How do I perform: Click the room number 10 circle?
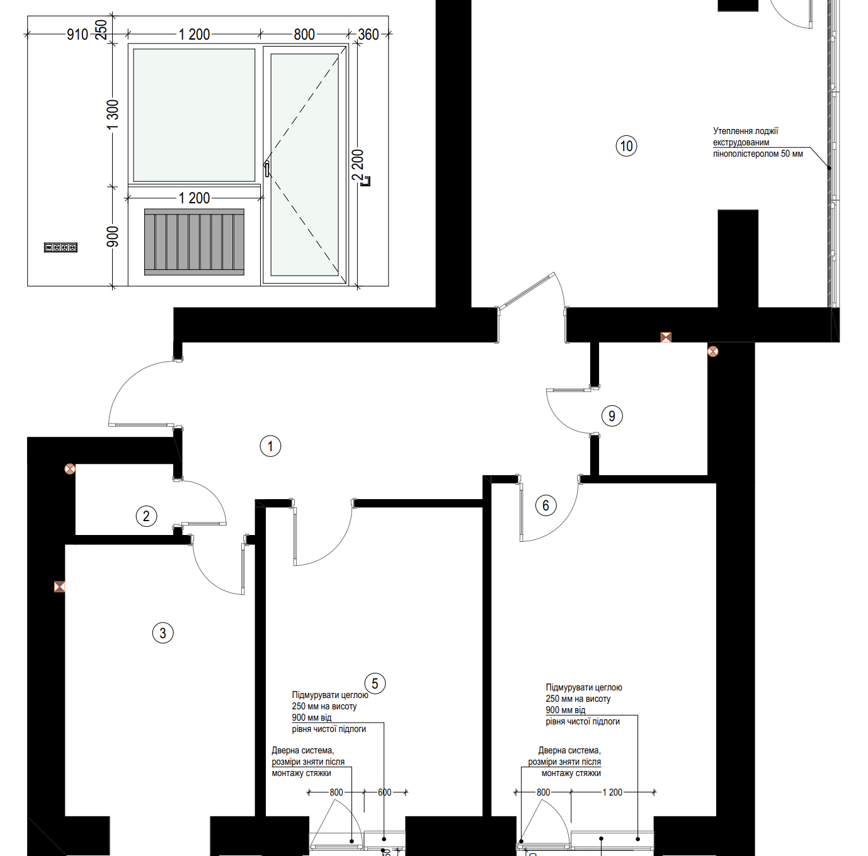626,146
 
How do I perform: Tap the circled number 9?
612,415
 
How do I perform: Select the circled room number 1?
270,446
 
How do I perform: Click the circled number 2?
146,516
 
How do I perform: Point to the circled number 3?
163,633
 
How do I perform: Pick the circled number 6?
545,505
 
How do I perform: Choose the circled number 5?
375,684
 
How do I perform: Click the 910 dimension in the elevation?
77,35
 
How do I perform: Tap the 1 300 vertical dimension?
113,115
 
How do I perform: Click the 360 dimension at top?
368,35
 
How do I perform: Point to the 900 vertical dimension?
113,237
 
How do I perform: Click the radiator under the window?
194,242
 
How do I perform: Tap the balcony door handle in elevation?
266,169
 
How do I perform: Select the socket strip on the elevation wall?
60,247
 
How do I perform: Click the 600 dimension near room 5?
384,792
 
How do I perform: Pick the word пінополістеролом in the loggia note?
745,154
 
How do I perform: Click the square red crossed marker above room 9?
666,337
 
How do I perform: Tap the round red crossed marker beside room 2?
70,469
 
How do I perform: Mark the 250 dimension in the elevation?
102,30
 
